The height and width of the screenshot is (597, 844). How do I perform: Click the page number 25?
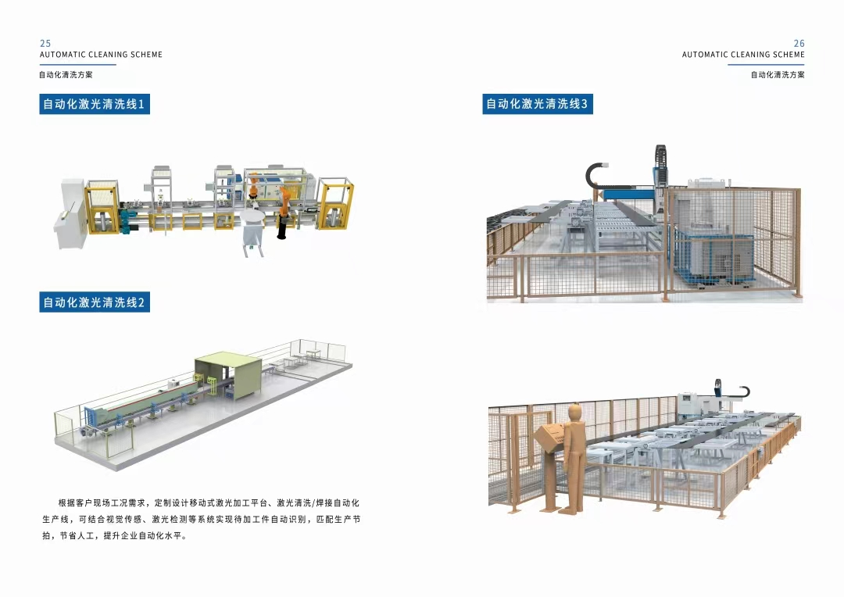pos(45,44)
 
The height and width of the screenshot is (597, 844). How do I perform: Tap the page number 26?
pos(799,44)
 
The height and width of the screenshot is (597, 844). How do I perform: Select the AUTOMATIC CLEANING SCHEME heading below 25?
pos(101,55)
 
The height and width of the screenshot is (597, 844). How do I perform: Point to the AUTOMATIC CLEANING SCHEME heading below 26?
pos(742,55)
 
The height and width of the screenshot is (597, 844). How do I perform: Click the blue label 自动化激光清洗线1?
pos(94,104)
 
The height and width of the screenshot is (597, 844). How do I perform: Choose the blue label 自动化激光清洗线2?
pos(94,302)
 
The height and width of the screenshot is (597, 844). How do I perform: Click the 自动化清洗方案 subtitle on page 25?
pos(66,75)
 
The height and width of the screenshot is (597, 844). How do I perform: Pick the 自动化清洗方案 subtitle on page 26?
pos(778,75)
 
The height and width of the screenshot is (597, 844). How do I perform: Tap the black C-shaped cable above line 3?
pos(598,173)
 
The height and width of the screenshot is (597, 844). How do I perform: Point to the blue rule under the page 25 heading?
pos(77,64)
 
